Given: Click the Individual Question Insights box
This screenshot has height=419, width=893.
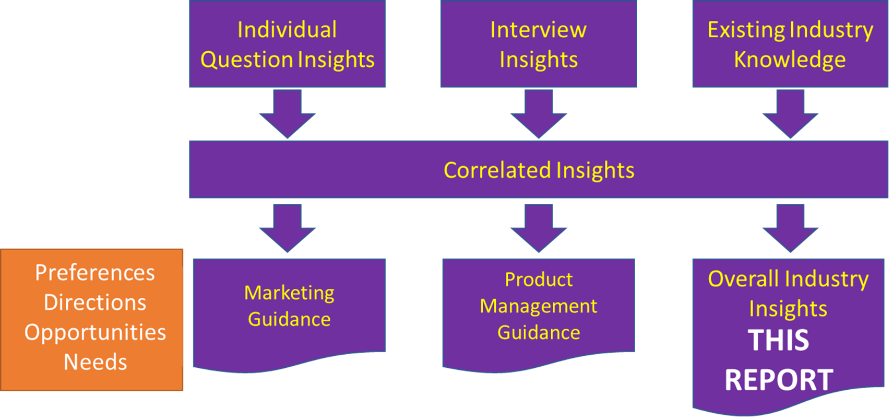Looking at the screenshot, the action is click(288, 43).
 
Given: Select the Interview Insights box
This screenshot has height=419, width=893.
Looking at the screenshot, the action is click(539, 43).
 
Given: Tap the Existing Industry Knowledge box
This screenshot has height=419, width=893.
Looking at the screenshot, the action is click(791, 43).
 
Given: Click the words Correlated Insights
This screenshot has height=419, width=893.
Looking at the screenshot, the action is click(539, 170).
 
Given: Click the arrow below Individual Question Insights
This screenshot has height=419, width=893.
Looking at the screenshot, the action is click(288, 114).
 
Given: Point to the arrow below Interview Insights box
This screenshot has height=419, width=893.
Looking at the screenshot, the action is click(539, 114).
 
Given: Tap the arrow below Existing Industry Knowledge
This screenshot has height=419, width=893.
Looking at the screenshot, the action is click(791, 114).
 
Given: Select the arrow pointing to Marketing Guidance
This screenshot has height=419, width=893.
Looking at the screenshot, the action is click(288, 228).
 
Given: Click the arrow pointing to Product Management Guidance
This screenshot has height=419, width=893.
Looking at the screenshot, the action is click(539, 228).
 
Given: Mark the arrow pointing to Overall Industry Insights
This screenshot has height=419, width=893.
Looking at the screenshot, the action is click(791, 228).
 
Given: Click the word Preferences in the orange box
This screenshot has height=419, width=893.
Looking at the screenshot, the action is click(95, 273).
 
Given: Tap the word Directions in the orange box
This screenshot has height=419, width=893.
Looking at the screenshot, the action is click(95, 302).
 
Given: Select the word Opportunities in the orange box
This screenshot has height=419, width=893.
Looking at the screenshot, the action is click(95, 333).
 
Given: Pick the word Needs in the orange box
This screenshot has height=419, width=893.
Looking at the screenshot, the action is click(96, 362).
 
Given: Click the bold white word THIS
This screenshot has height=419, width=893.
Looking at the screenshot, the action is click(778, 341).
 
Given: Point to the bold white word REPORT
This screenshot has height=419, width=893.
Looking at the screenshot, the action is click(779, 379).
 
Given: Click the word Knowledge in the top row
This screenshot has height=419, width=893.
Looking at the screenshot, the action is click(790, 60).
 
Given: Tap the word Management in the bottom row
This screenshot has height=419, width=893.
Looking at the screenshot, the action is click(539, 307).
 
